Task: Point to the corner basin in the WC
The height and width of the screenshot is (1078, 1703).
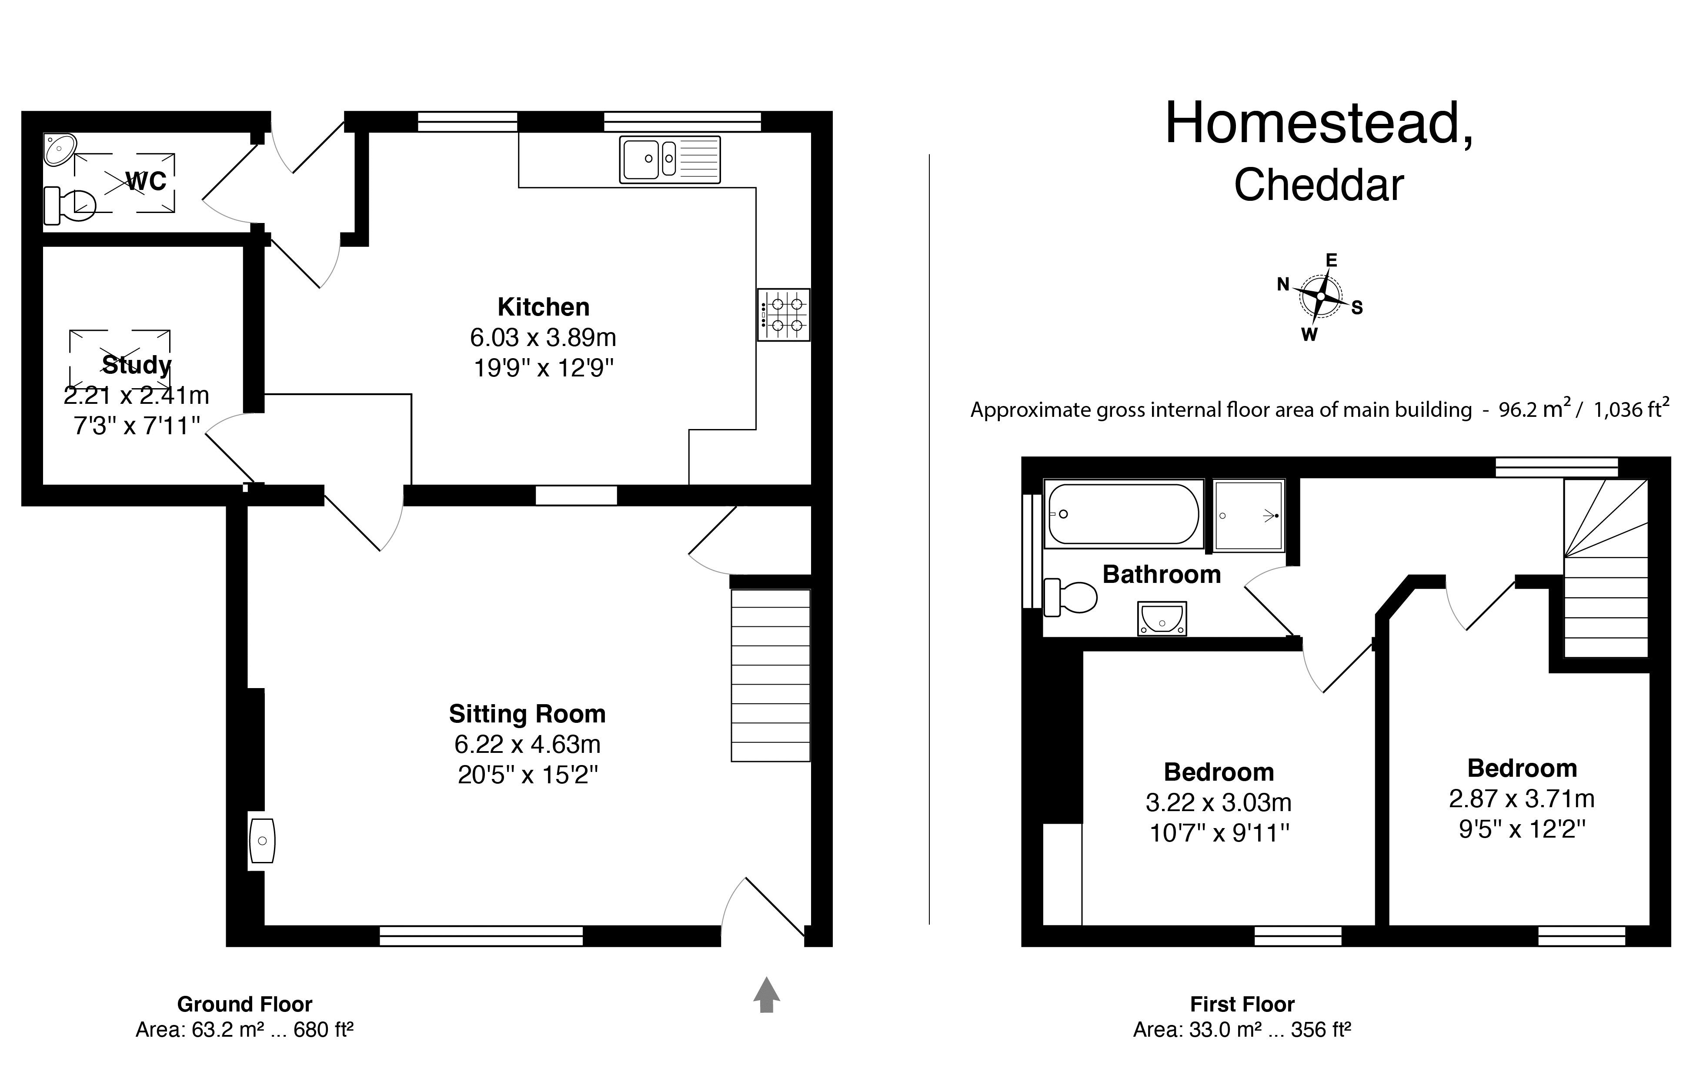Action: pos(60,149)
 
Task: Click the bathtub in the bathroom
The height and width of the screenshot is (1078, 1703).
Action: pos(1123,514)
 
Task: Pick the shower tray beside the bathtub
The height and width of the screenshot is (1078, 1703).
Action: pos(1249,516)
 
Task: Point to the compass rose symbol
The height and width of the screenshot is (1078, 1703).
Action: pos(1320,296)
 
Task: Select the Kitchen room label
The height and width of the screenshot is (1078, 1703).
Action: pos(543,307)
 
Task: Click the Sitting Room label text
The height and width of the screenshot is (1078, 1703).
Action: pos(527,714)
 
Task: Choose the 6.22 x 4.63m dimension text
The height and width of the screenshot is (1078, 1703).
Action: pos(527,744)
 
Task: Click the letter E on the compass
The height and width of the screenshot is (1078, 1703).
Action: pos(1331,260)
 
